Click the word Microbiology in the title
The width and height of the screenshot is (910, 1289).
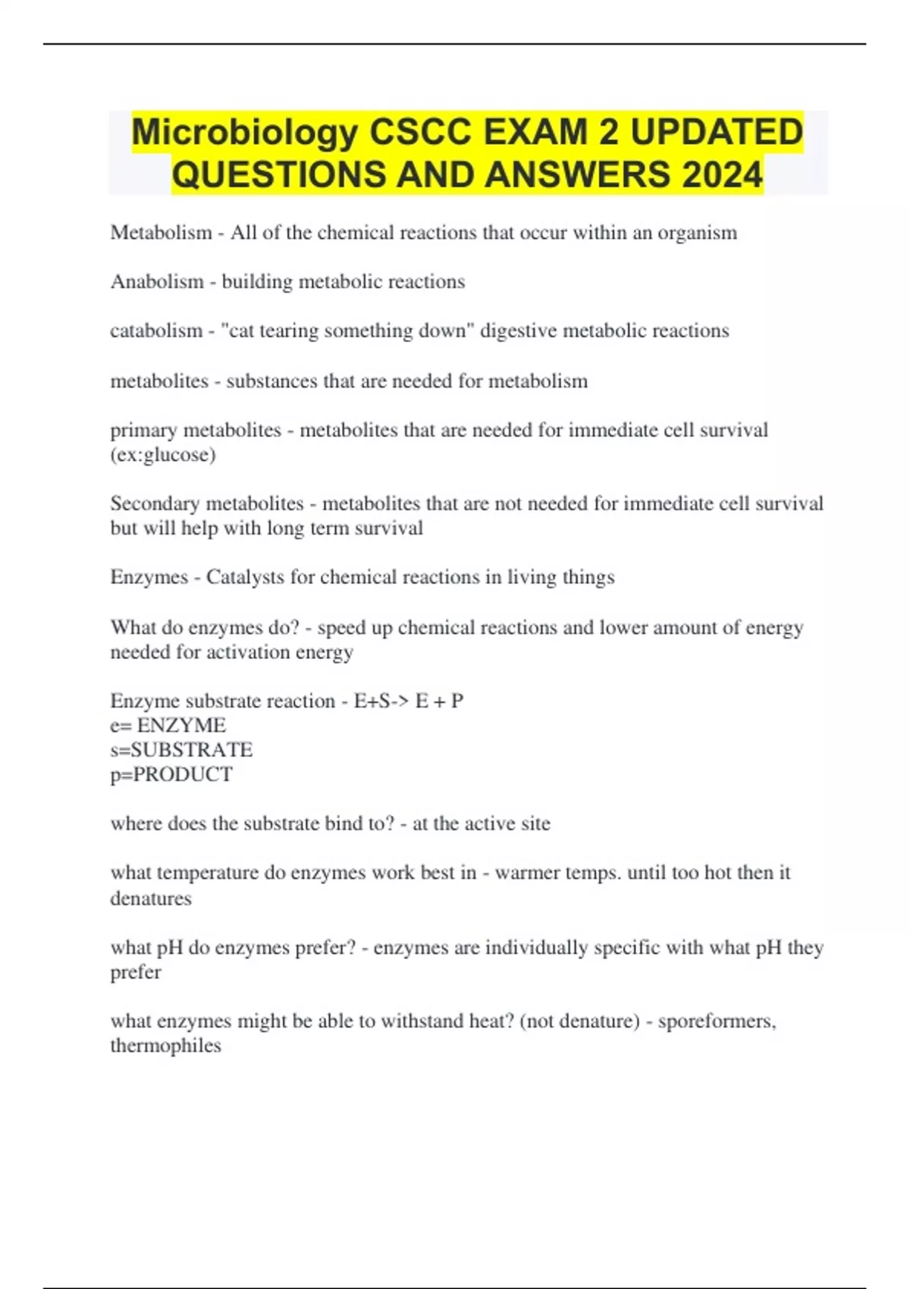245,133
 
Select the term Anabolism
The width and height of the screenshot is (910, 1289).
157,281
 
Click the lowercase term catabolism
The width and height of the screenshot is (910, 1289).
156,331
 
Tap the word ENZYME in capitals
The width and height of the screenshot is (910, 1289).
181,725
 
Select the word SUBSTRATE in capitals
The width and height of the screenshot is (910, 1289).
192,750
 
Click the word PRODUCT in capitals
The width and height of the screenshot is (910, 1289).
183,774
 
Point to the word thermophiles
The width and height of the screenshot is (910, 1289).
165,1046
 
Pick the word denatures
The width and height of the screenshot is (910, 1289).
151,899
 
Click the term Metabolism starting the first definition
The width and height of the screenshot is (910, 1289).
161,232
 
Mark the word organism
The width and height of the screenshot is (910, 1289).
697,232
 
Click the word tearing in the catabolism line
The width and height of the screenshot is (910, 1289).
288,331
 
